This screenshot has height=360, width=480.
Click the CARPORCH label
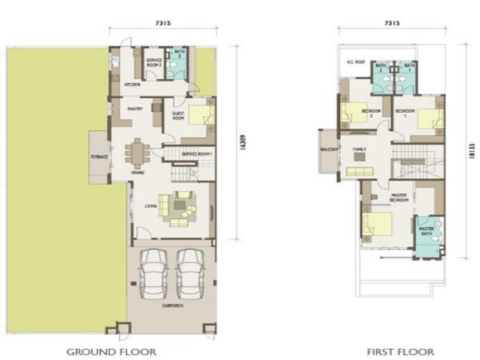[x=172, y=305]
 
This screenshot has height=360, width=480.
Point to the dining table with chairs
[x=137, y=153]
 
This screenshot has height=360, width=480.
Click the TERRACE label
[x=99, y=157]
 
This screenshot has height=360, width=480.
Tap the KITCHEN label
[x=133, y=85]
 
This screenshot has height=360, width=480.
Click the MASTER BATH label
[x=427, y=231]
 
